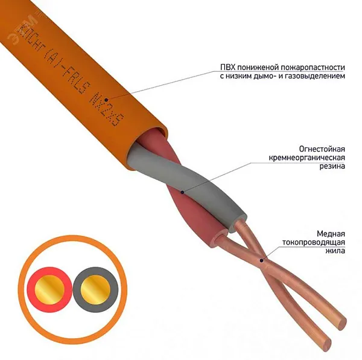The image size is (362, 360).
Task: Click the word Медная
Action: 331,234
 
